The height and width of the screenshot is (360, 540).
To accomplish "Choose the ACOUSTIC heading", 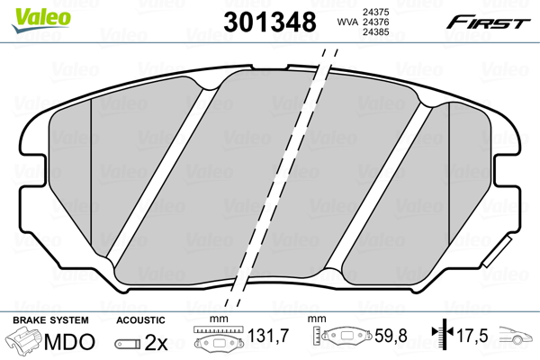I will point(141,320).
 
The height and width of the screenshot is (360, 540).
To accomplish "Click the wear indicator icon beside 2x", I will point(130,343).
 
